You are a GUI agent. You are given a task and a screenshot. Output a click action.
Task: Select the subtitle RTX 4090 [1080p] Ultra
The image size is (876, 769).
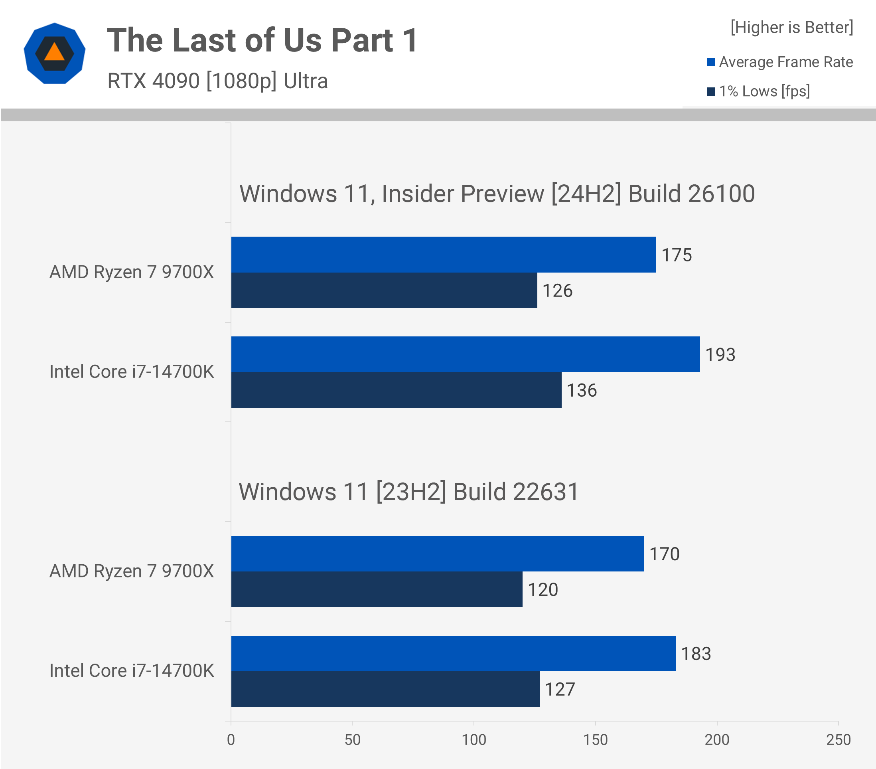coord(217,81)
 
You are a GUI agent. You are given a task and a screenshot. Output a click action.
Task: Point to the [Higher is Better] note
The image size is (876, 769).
coord(791,28)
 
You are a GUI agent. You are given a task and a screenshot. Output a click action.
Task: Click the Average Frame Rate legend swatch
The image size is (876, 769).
coord(710,63)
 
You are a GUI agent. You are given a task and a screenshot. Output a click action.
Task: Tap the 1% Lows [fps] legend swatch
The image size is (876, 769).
coord(710,92)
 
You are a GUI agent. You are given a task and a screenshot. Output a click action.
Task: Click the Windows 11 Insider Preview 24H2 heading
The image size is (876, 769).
coord(496,194)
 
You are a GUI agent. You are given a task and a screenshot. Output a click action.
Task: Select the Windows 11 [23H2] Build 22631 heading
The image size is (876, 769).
coord(408,492)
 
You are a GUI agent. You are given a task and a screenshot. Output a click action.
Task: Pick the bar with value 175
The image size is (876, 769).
coord(443,255)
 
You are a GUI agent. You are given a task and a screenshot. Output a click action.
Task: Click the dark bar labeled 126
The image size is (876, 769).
coord(384,290)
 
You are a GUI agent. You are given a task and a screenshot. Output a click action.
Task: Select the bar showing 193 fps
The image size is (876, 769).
coord(465,354)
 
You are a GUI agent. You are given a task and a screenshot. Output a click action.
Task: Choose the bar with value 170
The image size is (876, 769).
coord(437,554)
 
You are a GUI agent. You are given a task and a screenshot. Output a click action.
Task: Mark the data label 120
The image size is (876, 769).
coord(542,590)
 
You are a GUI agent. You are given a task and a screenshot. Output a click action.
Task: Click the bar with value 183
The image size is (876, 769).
coord(453,653)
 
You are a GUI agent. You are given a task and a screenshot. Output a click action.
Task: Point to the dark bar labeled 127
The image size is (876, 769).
coord(385,689)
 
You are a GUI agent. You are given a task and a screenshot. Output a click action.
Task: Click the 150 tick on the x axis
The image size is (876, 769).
coord(595,740)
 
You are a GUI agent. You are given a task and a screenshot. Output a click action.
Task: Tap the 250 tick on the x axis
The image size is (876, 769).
coord(838,740)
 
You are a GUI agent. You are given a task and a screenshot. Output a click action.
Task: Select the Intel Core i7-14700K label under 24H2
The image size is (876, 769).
coord(132,372)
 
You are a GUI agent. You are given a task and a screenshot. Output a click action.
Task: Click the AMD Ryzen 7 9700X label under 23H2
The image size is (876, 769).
coord(132,571)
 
